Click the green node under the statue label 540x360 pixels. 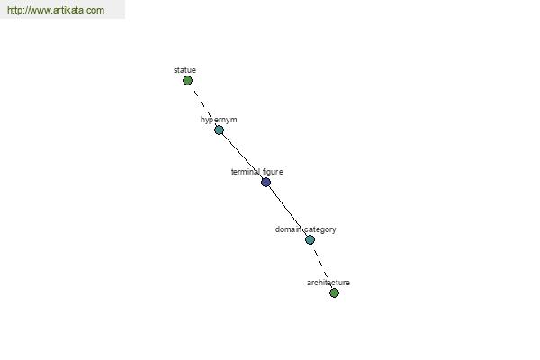[187, 81]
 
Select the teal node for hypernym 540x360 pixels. [219, 130]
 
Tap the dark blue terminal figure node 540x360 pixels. [265, 182]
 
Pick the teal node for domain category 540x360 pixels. [310, 239]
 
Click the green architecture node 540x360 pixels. [334, 292]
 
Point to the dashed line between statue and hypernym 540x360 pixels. [203, 105]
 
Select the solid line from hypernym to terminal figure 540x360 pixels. [242, 156]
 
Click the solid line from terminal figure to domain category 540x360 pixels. [289, 211]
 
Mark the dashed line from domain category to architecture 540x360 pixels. [322, 266]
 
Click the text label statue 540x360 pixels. [184, 70]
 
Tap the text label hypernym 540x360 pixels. [219, 120]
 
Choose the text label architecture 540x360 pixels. [328, 283]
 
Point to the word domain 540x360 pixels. [289, 229]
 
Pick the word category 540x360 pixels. [320, 229]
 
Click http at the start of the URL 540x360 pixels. [14, 10]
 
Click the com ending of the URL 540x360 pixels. [95, 11]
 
